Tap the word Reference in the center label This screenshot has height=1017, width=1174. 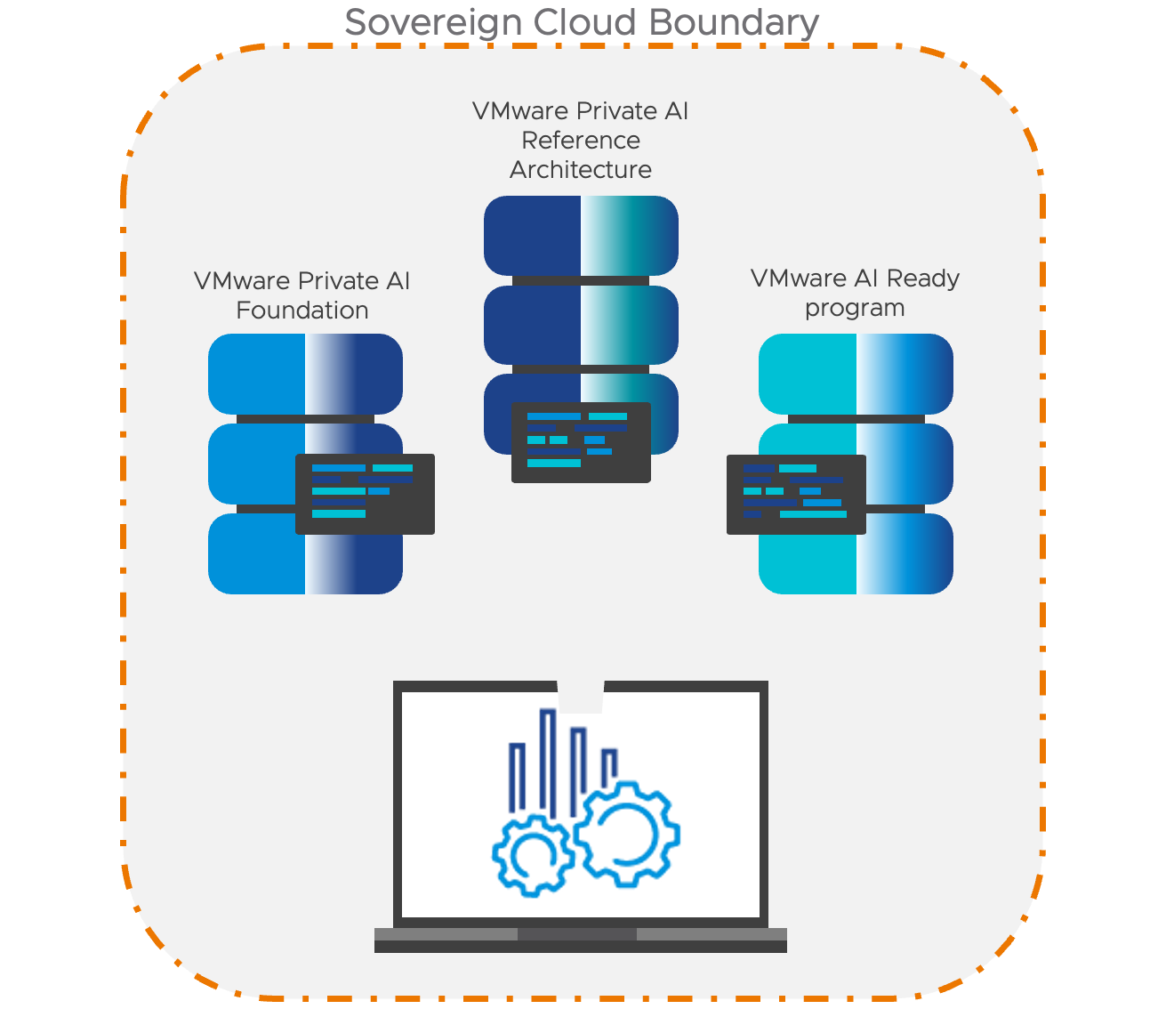[x=581, y=141]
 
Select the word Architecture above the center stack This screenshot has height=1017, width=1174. [x=581, y=170]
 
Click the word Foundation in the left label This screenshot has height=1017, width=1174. [x=302, y=311]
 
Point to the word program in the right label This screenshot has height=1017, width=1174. [x=855, y=309]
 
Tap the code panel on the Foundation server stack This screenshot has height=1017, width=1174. [x=365, y=494]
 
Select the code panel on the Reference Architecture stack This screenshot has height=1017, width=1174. [x=581, y=442]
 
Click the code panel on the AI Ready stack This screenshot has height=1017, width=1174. [x=796, y=494]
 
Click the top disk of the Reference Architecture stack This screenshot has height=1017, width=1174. [x=581, y=236]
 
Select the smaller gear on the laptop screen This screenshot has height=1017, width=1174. [x=533, y=857]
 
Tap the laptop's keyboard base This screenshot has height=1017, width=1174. [x=580, y=940]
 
